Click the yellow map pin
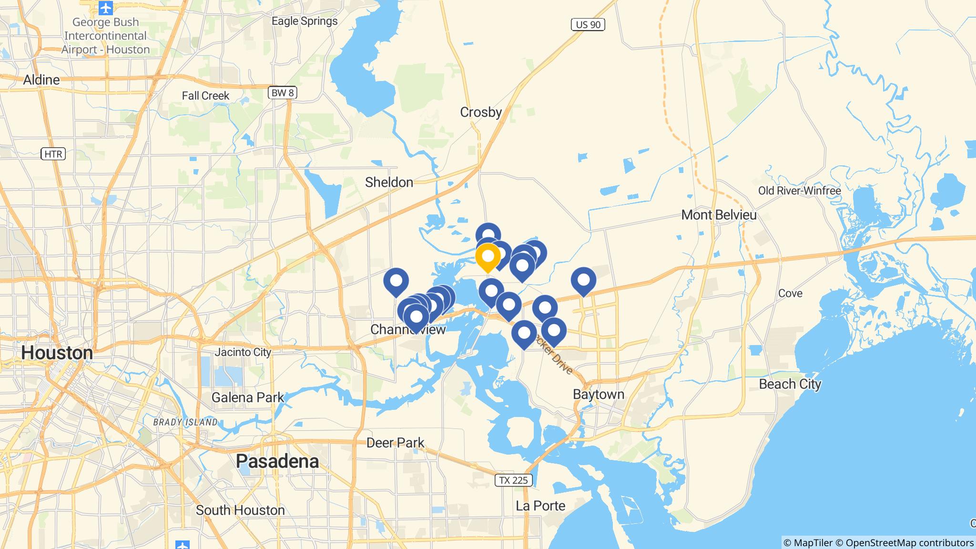tap(488, 256)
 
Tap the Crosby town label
tap(480, 112)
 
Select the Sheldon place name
tap(389, 182)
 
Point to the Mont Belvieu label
tap(719, 215)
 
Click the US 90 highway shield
tap(588, 24)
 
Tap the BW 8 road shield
tap(282, 92)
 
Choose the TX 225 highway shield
tap(513, 480)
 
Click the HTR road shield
tap(53, 154)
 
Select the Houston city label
tap(57, 353)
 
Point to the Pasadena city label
tap(277, 461)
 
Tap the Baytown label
tap(599, 395)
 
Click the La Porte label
tap(540, 506)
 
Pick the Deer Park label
tap(395, 443)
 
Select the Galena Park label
tap(247, 397)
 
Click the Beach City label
tap(790, 384)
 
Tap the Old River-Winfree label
tap(799, 191)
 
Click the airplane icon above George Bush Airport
tap(105, 8)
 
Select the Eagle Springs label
tap(305, 21)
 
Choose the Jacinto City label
tap(243, 352)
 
